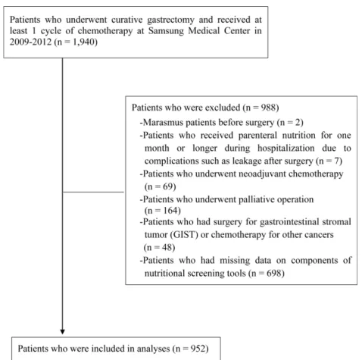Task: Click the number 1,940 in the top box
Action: coord(83,42)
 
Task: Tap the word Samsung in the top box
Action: coord(166,31)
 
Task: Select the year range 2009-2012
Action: coord(30,42)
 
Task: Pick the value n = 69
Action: coord(160,186)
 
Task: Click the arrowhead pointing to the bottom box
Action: coord(62,332)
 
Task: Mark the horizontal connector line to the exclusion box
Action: coord(93,192)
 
